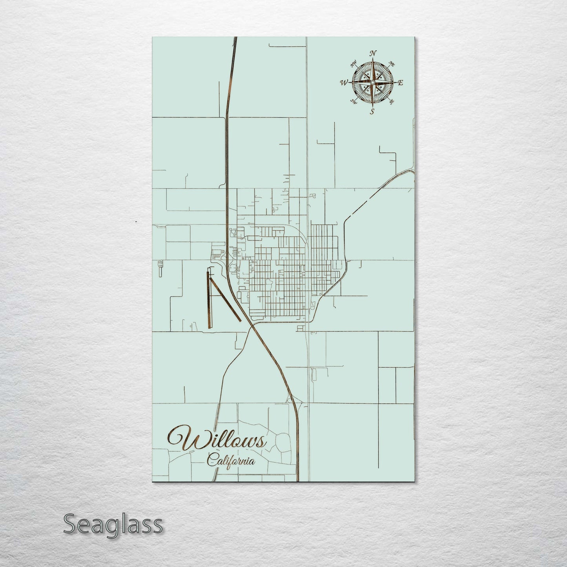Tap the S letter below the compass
point(372,111)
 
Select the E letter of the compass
point(401,83)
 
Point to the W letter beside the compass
point(344,82)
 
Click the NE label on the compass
point(391,64)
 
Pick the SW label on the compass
point(353,102)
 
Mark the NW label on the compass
point(354,63)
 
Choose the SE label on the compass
point(391,102)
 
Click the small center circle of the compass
point(372,82)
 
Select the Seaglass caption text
point(113,524)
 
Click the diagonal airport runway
point(225,299)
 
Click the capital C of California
point(212,460)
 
